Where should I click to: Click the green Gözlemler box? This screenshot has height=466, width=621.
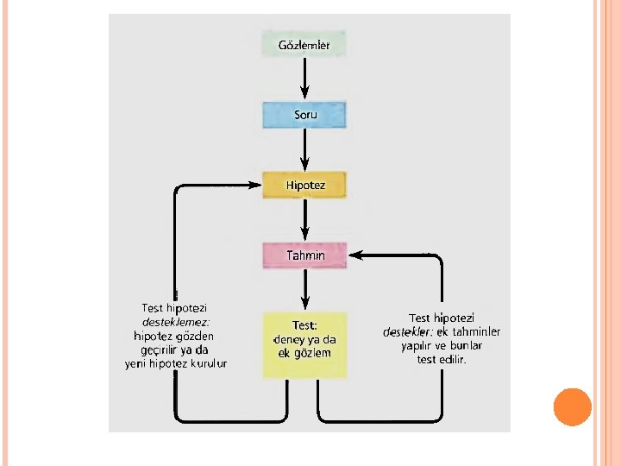304,44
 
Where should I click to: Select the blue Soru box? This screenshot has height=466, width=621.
304,115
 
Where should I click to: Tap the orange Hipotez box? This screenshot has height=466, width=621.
304,185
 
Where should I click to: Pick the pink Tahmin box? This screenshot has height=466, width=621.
304,255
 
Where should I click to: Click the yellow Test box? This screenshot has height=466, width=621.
304,344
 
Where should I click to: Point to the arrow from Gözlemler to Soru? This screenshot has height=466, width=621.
304,79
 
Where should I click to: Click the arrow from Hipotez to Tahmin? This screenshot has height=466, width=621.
304,220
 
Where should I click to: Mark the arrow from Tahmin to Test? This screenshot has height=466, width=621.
304,290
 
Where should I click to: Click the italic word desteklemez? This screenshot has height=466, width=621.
176,322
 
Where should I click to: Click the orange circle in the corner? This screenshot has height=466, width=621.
571,407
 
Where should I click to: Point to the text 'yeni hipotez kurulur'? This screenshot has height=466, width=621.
176,363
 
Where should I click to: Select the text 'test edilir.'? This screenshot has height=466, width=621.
441,359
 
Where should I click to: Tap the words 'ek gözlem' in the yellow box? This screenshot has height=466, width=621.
304,352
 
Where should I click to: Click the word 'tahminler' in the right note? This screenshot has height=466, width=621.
476,332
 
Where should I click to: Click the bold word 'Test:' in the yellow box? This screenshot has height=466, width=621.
304,325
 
